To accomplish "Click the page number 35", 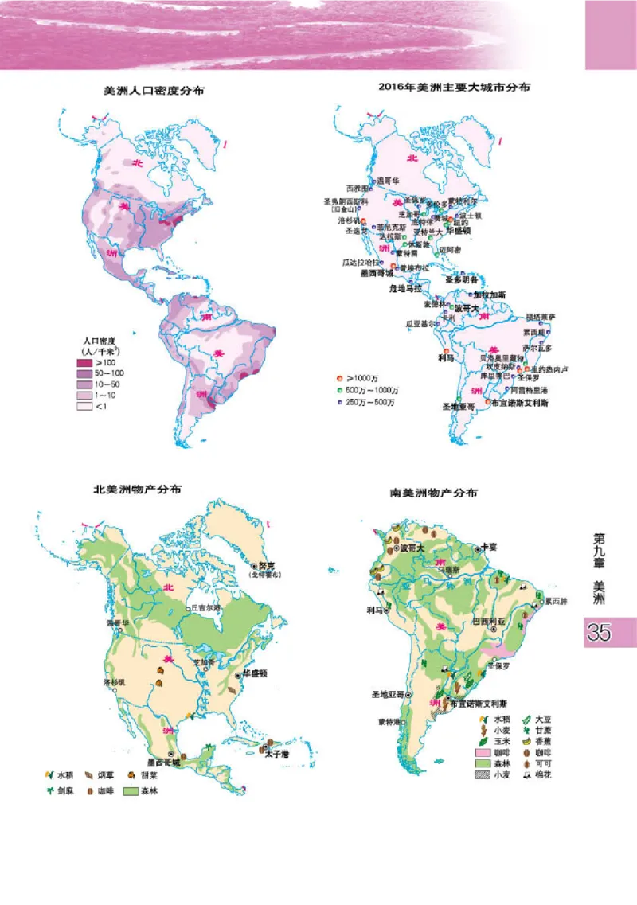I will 598,634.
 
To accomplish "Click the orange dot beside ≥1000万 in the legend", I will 340,377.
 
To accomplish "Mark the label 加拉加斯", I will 479,295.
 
